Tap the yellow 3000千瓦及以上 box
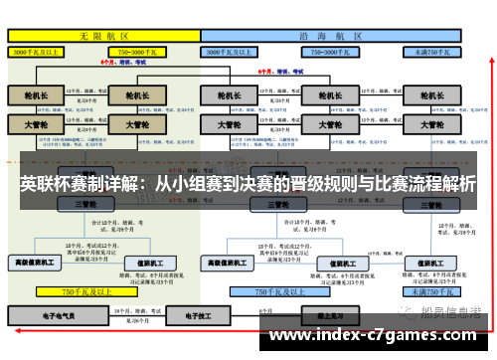click(x=40, y=50)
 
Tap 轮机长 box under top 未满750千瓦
click(x=429, y=96)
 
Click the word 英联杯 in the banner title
click(x=43, y=184)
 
